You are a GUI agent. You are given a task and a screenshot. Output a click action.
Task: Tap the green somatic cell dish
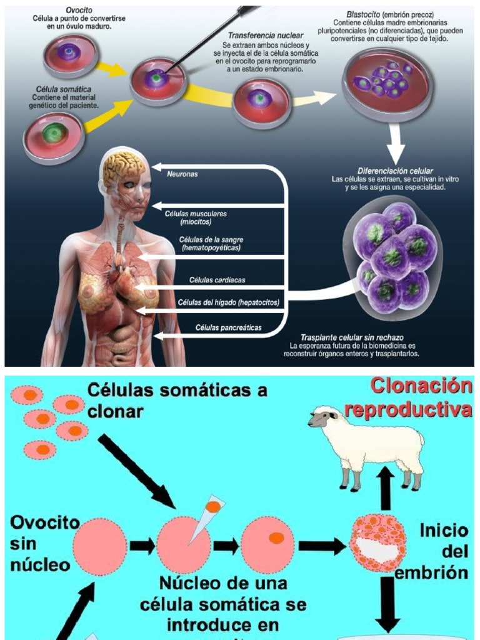point(54,133)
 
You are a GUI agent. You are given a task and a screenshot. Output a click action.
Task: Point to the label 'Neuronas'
point(182,174)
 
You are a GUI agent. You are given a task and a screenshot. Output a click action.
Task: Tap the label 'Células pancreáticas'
point(228,327)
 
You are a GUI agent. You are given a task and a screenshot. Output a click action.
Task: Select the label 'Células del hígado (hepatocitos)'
point(228,303)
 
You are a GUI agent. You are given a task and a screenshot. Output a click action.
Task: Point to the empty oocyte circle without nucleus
point(100,546)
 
